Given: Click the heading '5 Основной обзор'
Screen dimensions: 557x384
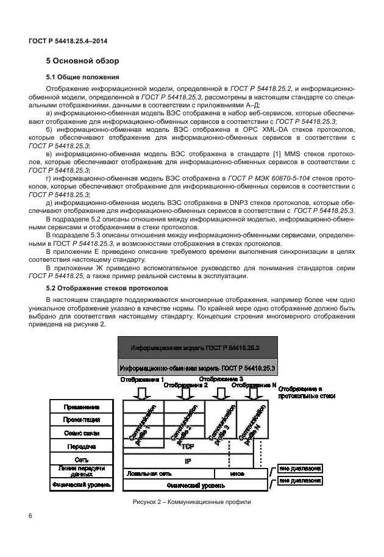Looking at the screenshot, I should [83, 61].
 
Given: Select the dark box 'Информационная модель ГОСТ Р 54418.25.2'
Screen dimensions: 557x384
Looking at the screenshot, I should [196, 348].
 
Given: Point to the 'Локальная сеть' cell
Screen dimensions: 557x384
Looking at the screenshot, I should [147, 473].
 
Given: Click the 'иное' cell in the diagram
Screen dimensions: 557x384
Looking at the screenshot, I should [237, 473].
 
